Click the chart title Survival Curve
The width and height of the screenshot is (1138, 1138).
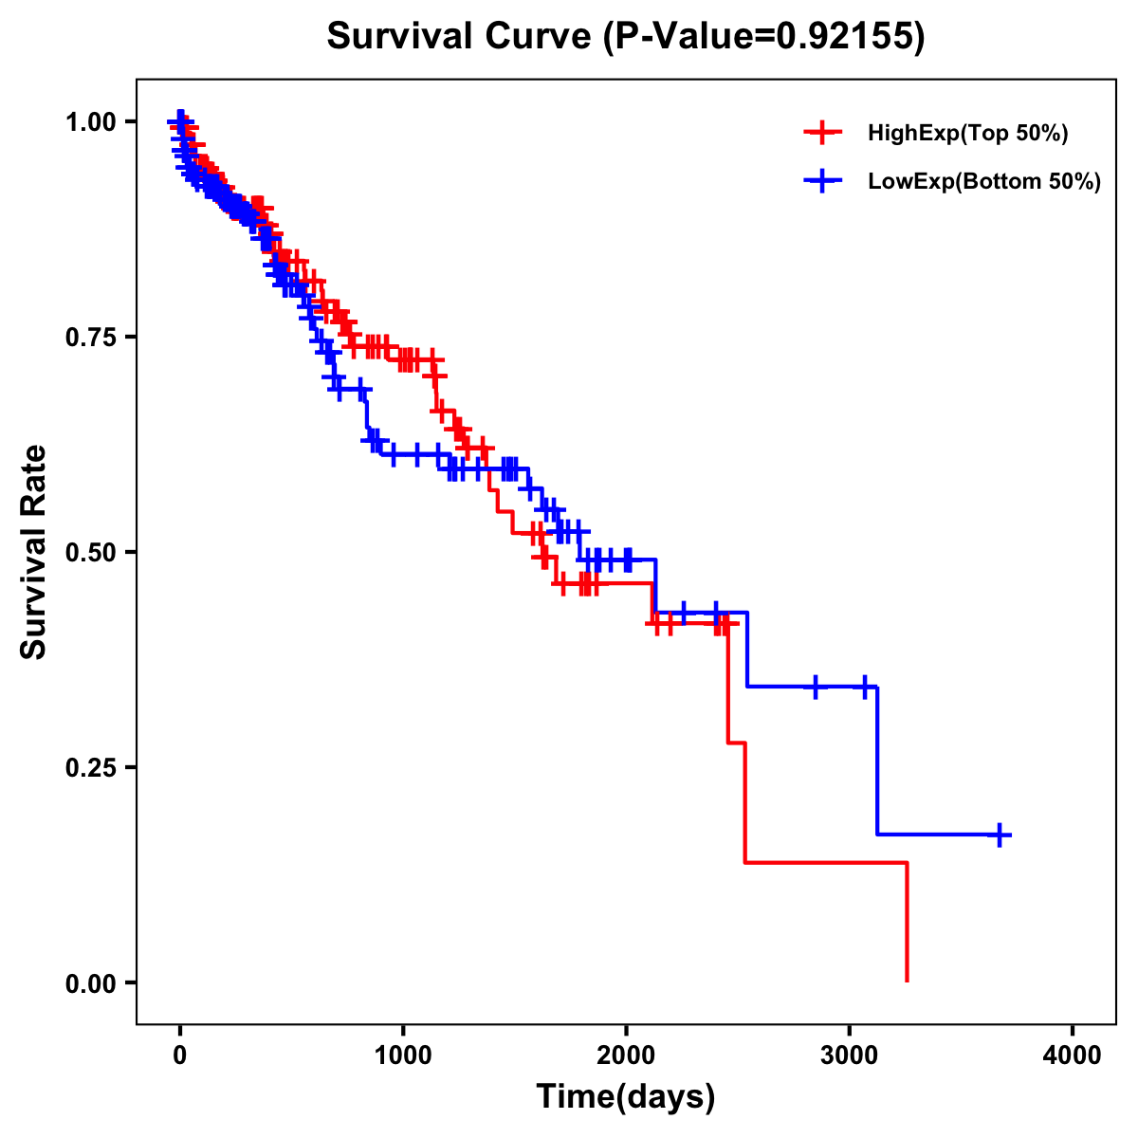point(463,37)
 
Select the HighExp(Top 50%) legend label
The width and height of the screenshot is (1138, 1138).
point(967,134)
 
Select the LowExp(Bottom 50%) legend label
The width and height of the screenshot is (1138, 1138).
point(984,182)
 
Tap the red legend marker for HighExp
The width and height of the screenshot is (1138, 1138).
point(822,134)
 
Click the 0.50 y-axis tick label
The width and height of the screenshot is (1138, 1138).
point(90,552)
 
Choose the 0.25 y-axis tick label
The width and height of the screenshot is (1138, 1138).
point(90,767)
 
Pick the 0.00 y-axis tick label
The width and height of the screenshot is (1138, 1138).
point(90,982)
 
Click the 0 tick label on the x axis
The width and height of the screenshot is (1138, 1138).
point(180,1055)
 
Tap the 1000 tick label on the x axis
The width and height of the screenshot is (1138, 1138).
point(403,1055)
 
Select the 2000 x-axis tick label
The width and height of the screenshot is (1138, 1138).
point(626,1055)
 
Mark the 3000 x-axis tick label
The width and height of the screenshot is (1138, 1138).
point(850,1055)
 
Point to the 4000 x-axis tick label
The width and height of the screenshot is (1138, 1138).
point(1073,1055)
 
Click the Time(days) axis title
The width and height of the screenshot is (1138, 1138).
point(626,1097)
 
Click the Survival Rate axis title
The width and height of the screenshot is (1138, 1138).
point(34,552)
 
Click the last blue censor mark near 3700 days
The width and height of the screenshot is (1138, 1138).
point(1000,835)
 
